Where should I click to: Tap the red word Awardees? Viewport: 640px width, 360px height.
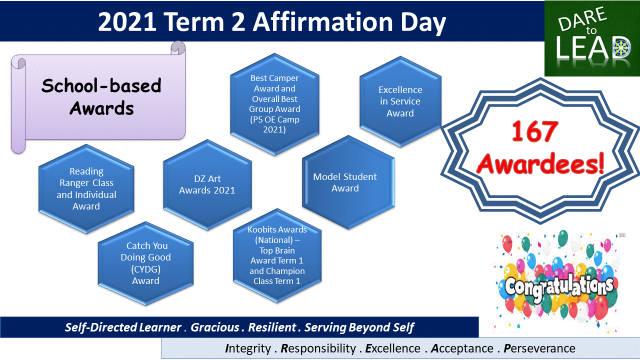click(x=540, y=164)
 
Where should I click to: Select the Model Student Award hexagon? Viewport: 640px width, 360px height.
click(x=348, y=182)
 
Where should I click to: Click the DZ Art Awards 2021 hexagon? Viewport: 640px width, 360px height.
click(x=207, y=185)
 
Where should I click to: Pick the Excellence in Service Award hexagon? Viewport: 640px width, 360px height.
click(x=400, y=101)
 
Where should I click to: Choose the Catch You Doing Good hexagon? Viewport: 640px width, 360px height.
click(x=145, y=263)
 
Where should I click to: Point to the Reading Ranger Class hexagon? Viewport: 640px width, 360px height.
click(x=86, y=189)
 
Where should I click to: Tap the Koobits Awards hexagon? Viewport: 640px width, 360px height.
click(x=277, y=255)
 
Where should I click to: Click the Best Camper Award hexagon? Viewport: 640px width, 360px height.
click(x=274, y=104)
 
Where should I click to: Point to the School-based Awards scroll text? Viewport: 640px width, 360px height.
click(x=101, y=96)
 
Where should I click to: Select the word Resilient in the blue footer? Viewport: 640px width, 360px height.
click(x=272, y=327)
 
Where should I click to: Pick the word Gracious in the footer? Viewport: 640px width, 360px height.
click(x=215, y=327)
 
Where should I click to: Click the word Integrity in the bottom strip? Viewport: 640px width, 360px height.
click(x=247, y=348)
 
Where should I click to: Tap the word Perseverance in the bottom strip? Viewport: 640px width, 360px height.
click(x=539, y=348)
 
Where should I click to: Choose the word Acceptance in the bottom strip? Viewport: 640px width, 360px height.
click(x=462, y=348)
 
